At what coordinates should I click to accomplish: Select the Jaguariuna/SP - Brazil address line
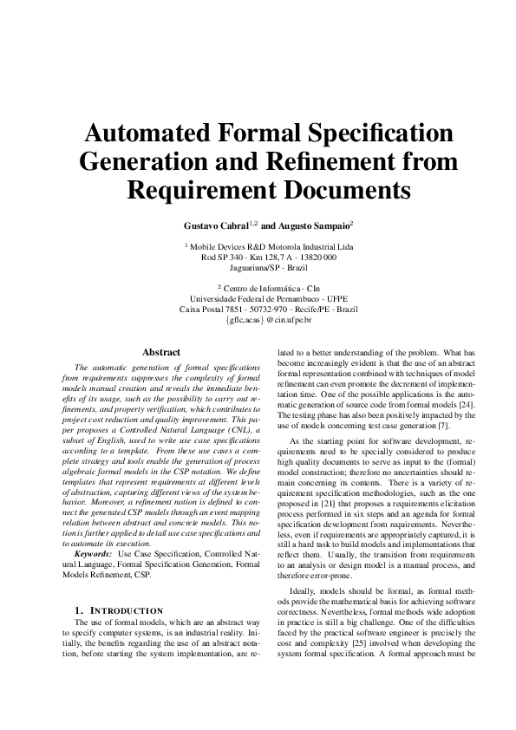258,268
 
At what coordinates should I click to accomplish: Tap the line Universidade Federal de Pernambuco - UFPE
258,297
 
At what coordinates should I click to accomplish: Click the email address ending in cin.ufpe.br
258,319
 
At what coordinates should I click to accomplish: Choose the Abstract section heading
161,353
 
